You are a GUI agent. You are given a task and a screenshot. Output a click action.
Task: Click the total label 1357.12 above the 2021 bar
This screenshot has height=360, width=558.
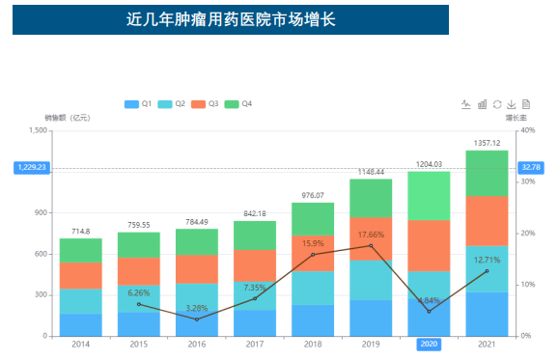point(487,143)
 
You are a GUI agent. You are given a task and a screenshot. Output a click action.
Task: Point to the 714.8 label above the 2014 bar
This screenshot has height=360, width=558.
point(81,231)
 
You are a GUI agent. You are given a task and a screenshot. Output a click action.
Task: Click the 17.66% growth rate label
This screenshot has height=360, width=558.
point(371,235)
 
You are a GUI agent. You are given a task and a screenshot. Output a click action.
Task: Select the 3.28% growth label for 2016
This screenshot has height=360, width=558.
point(196,308)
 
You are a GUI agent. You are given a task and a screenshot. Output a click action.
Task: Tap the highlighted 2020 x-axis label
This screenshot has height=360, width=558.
point(429,345)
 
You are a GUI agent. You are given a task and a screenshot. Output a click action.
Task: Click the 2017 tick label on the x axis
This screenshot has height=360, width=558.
point(255,345)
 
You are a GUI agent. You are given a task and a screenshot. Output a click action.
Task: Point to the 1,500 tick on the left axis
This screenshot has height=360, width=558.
point(39,130)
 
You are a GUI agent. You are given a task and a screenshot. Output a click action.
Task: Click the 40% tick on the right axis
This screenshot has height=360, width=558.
point(528,130)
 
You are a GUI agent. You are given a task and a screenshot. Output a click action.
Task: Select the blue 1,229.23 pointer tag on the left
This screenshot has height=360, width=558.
point(31,167)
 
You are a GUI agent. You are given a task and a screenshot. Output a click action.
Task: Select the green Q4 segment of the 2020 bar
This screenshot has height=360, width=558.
point(429,195)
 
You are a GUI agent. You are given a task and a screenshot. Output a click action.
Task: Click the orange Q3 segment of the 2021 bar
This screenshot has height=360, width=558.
point(487,221)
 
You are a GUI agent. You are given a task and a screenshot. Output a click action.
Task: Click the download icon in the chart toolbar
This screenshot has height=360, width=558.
point(512,103)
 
